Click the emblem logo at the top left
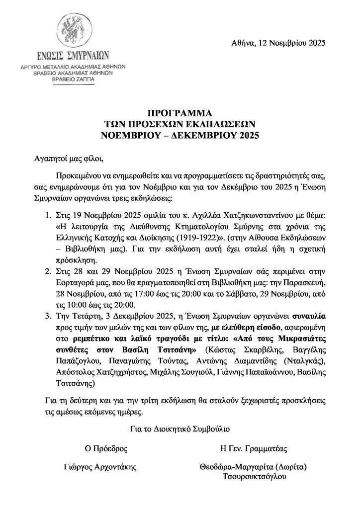pos(80,30)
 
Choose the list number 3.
pos(48,315)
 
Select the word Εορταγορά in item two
pos(77,282)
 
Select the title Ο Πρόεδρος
pos(107,448)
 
